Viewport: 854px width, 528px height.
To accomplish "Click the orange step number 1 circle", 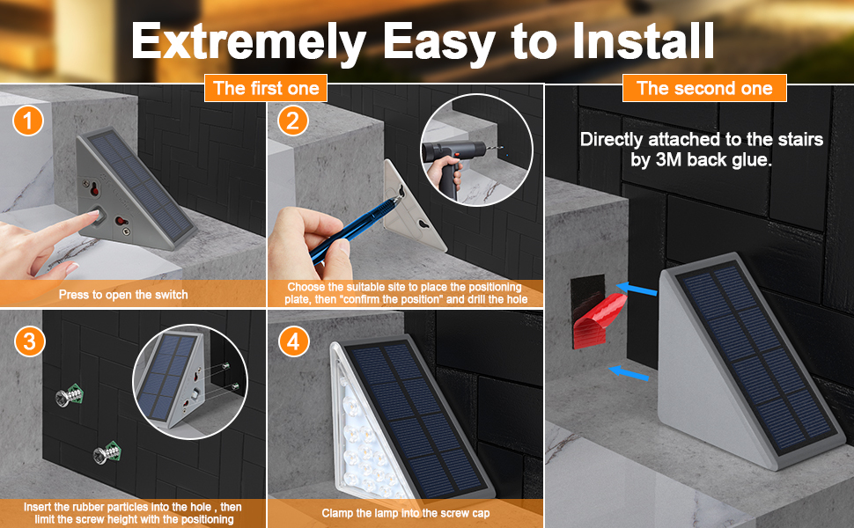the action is pos(28,121).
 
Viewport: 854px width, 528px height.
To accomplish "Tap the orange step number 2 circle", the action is pos(292,121).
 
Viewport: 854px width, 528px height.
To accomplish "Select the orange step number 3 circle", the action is pos(29,341).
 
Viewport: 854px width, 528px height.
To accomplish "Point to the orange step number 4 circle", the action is pos(293,341).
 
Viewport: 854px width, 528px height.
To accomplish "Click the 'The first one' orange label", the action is pos(266,88).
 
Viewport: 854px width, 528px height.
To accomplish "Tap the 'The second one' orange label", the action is pos(704,88).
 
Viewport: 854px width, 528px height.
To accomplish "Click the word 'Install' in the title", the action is pos(644,40).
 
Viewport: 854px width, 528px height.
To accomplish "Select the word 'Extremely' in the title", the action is pos(248,42).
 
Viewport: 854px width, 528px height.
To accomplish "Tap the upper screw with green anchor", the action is pos(70,395).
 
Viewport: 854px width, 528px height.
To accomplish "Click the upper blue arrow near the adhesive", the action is pos(637,289).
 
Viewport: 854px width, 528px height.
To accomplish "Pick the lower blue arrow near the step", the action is pos(629,373).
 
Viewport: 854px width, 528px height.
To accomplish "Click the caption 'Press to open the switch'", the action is pos(123,295).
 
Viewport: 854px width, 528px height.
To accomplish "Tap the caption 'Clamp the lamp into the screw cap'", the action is pos(405,513).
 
